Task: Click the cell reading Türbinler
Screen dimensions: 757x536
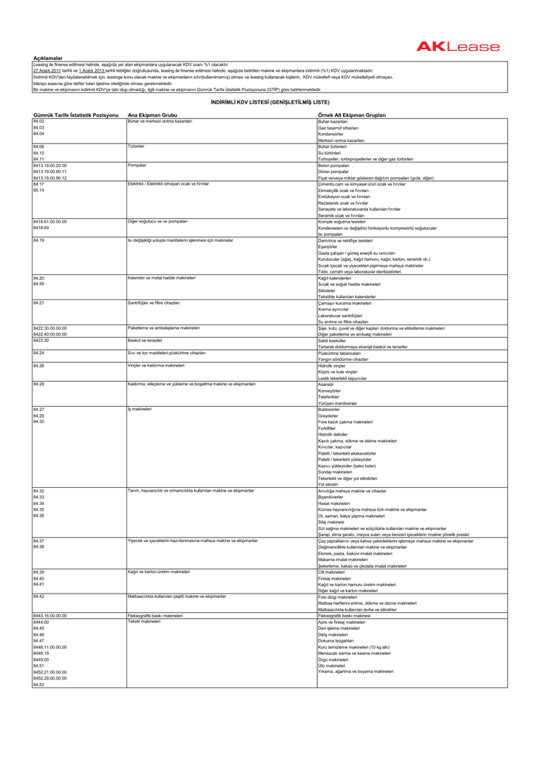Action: pos(135,146)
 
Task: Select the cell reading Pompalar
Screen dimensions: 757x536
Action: pos(136,165)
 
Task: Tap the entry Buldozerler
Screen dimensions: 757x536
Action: pos(329,408)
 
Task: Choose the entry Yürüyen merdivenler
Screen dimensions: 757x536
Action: pos(338,402)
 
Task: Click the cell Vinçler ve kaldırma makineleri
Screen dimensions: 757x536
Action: pos(156,365)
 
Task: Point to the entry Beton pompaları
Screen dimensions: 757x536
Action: pos(333,165)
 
